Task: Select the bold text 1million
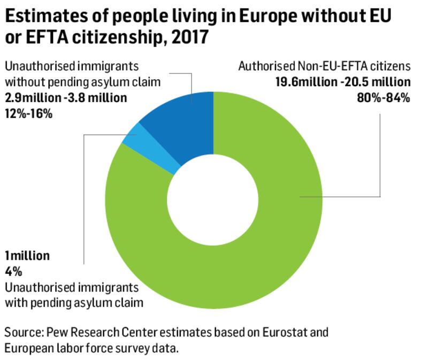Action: [27, 256]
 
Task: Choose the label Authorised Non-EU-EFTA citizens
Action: [324, 67]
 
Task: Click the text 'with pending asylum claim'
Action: [74, 302]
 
